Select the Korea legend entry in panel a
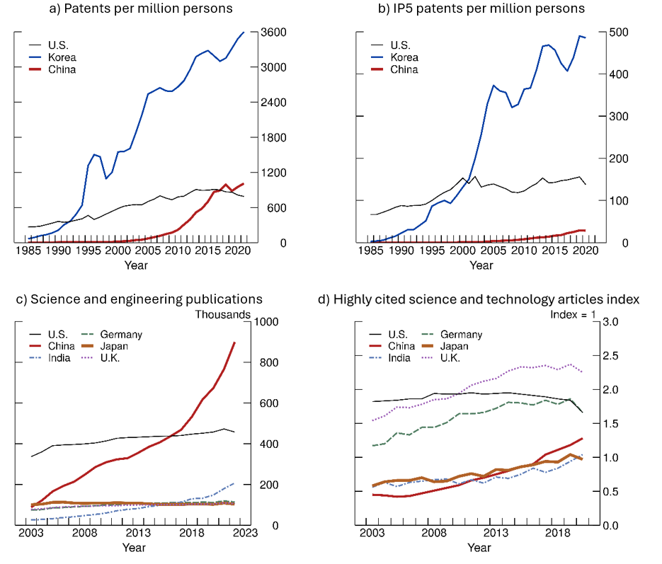pos(62,57)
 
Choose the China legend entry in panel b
pos(404,69)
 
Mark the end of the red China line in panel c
pos(234,343)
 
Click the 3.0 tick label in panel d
pos(611,323)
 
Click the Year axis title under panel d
pos(479,548)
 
